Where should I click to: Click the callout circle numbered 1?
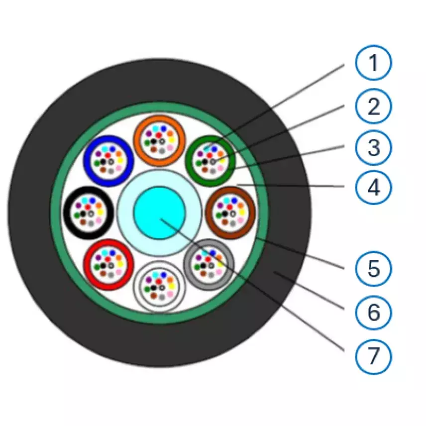click(374, 63)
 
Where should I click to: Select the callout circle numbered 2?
click(374, 106)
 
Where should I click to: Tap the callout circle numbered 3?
click(374, 147)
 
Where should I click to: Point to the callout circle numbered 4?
click(374, 188)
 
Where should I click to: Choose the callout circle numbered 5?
click(374, 269)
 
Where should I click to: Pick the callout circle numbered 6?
click(374, 313)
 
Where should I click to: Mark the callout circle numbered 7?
click(374, 356)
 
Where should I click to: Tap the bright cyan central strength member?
click(160, 213)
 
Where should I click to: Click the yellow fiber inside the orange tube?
click(171, 140)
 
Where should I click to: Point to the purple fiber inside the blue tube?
click(98, 154)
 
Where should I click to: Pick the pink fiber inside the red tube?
click(119, 272)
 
